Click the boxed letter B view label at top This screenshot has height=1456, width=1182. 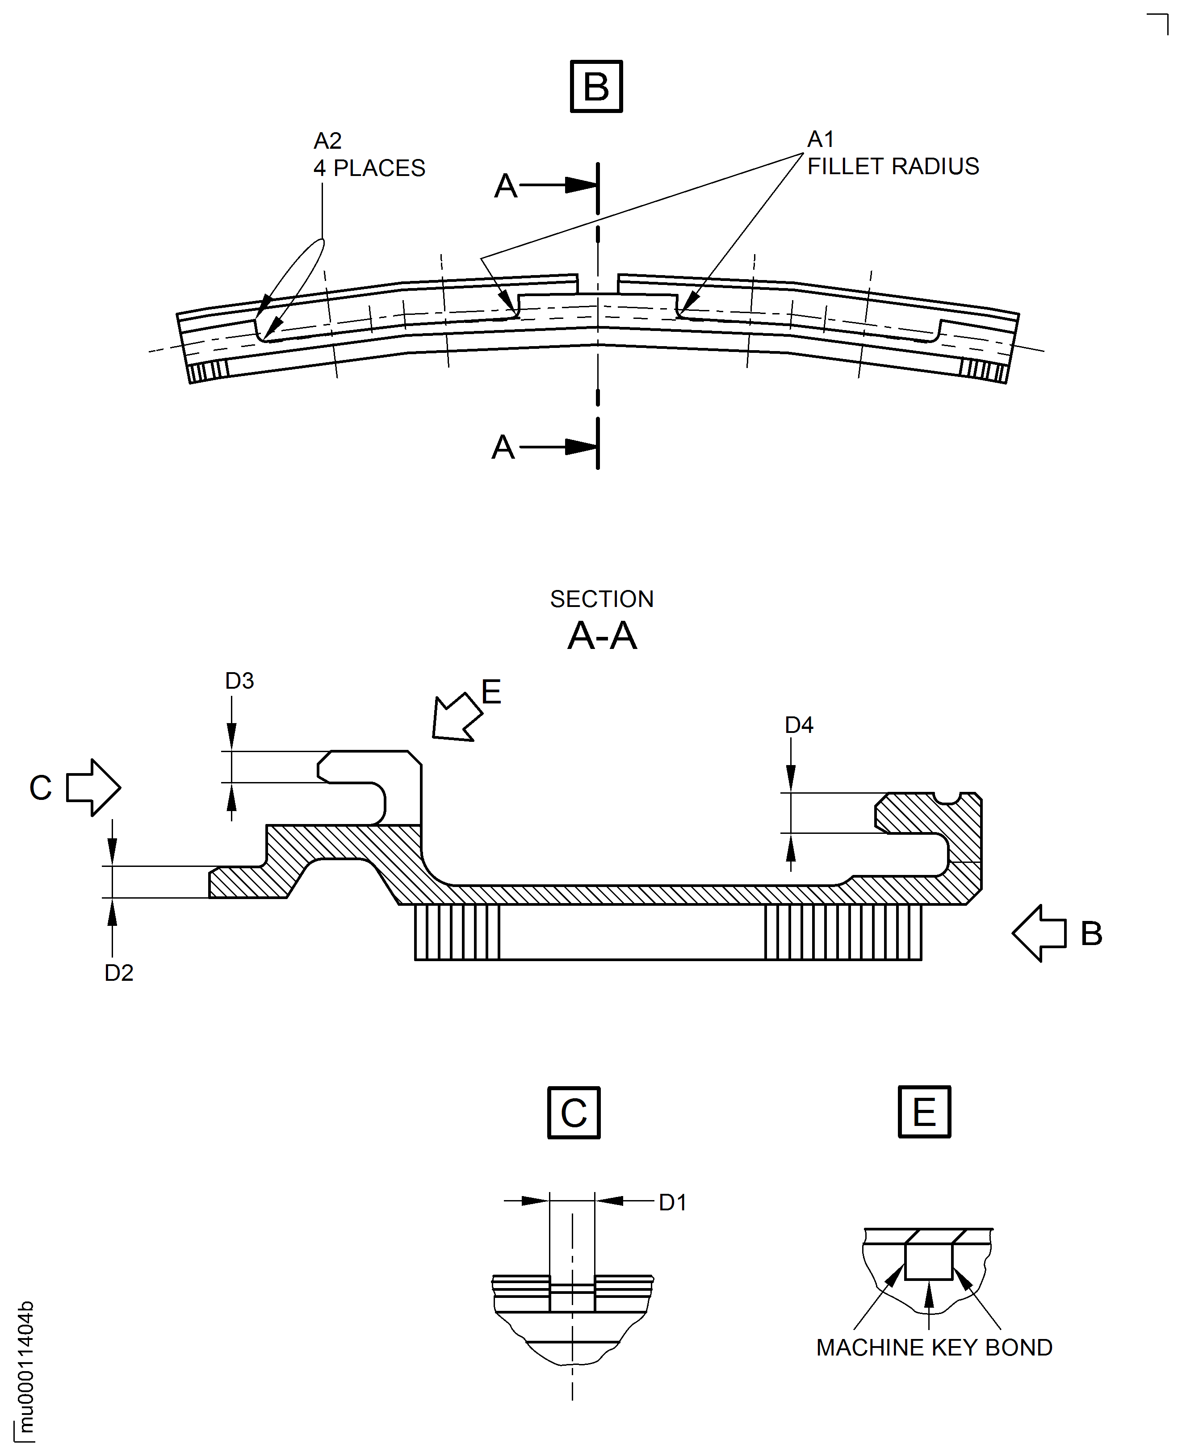[x=596, y=87]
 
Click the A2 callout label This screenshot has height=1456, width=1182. [x=327, y=141]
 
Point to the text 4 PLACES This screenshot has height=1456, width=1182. [x=369, y=168]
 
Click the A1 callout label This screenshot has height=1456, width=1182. [x=821, y=139]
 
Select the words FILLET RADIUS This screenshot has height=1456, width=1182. [x=893, y=166]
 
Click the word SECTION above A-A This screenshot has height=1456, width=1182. [x=602, y=599]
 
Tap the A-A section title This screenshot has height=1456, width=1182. [x=602, y=636]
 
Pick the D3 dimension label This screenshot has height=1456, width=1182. [x=240, y=681]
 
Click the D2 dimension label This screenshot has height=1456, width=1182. [x=119, y=973]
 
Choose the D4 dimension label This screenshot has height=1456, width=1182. [x=799, y=725]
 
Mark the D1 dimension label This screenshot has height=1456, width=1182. [x=673, y=1203]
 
